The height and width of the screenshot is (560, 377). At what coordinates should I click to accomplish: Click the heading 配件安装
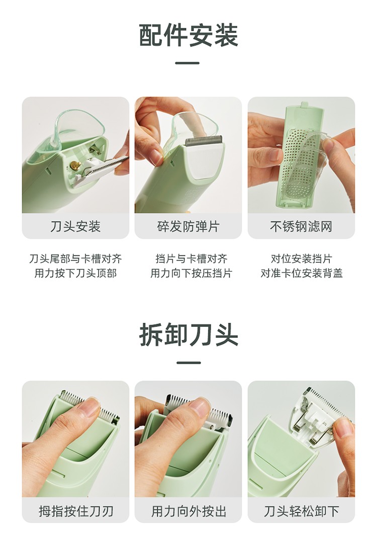click(x=189, y=35)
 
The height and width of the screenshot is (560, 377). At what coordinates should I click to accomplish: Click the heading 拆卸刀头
click(x=189, y=335)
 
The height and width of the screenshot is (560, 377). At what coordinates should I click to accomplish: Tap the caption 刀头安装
click(x=75, y=226)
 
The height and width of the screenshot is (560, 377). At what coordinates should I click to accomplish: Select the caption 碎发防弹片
click(x=188, y=226)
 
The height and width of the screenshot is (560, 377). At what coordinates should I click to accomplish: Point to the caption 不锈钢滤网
click(x=301, y=226)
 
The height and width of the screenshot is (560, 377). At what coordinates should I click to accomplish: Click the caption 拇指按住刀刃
click(x=75, y=511)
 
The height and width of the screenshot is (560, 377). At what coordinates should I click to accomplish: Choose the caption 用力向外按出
click(x=188, y=511)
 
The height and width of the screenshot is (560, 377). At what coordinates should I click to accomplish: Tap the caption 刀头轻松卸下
click(x=301, y=511)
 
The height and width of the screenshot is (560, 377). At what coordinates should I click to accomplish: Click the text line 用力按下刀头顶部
click(x=75, y=273)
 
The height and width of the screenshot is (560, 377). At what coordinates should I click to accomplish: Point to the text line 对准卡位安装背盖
click(x=301, y=273)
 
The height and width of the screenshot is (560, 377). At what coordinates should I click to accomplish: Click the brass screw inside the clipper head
click(x=75, y=165)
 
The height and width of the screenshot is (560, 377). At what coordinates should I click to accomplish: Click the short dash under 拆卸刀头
click(x=189, y=363)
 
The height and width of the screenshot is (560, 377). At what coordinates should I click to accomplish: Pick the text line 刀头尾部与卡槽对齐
click(x=75, y=258)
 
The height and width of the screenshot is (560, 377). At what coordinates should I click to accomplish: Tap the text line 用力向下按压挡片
click(x=191, y=273)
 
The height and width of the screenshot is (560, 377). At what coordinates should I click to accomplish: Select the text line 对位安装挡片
click(x=301, y=258)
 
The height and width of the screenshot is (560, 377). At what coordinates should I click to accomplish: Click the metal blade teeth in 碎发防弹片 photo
click(x=204, y=140)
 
